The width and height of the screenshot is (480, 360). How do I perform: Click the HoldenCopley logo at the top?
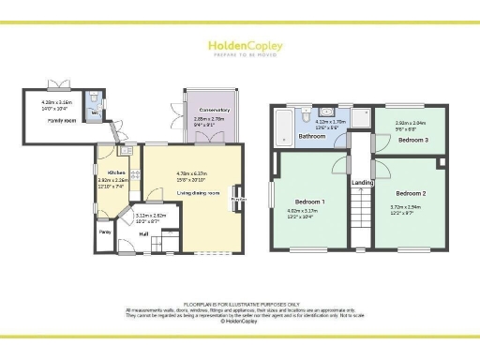[x=239, y=48]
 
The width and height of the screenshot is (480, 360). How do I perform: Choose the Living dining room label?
[x=198, y=193]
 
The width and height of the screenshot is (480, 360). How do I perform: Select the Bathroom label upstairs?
[x=311, y=137]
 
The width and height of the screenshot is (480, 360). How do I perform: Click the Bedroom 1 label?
[x=310, y=202]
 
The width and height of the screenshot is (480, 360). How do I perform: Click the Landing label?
[x=360, y=183]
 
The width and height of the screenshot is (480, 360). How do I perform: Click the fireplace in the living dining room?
[x=239, y=200]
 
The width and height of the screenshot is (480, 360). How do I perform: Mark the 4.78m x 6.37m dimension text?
[x=198, y=173]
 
